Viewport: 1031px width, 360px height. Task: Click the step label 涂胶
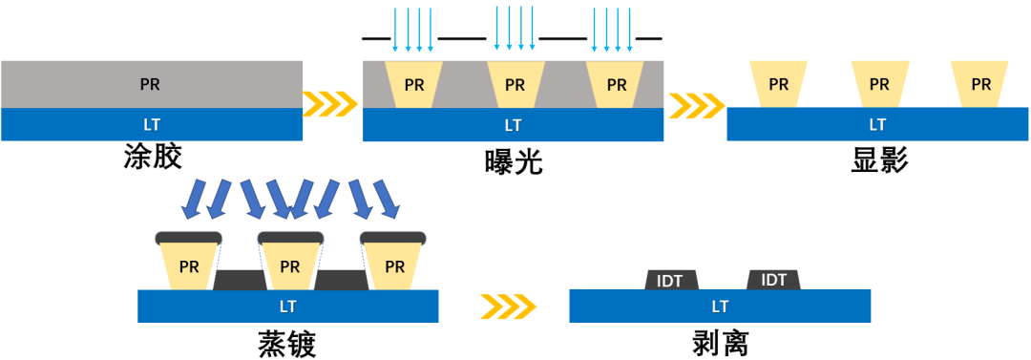pos(152,157)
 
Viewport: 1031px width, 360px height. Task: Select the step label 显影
pos(878,159)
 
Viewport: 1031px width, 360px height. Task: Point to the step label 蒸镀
pos(286,343)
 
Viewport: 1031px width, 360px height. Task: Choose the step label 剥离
pos(720,343)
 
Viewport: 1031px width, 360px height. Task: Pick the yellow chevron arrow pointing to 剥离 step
pos(507,307)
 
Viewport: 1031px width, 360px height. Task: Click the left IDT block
pos(672,280)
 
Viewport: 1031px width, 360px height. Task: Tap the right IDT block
pos(773,280)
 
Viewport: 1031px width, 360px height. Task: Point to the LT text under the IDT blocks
pos(720,307)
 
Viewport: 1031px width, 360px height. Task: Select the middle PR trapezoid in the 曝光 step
pos(515,84)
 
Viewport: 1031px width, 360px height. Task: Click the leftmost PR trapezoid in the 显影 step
pos(778,84)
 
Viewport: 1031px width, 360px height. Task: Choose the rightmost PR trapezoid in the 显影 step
pos(980,84)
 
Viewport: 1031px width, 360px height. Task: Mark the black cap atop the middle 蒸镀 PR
pos(290,237)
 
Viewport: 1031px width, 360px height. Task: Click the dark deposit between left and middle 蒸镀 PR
pos(240,280)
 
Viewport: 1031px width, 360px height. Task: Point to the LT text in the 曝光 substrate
pos(513,124)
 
